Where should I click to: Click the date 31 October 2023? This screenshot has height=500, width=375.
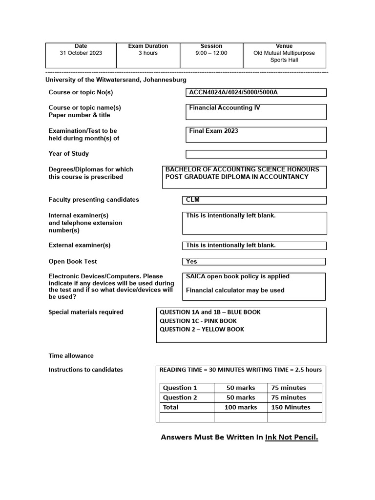click(x=81, y=53)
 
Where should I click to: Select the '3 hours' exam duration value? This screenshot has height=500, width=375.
click(x=148, y=53)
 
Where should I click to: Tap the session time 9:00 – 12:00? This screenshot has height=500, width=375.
click(x=211, y=53)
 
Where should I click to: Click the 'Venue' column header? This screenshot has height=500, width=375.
click(x=284, y=46)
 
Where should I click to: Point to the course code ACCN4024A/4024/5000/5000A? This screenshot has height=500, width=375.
click(x=233, y=92)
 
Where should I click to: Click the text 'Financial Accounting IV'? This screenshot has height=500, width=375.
click(x=225, y=108)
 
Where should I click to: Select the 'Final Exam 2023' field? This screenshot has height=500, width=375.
click(x=214, y=131)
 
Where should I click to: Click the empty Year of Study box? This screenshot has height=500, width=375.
click(x=256, y=154)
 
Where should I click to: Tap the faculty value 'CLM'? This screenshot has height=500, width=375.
click(x=193, y=200)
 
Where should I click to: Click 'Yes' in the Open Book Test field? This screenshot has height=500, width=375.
click(x=191, y=261)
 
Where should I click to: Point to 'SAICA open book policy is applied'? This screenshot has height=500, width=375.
click(x=237, y=276)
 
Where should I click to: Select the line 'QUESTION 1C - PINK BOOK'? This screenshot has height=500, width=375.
click(x=198, y=321)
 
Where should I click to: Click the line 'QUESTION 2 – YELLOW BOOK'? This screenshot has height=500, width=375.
click(x=202, y=329)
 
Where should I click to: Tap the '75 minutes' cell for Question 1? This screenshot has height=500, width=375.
click(x=289, y=388)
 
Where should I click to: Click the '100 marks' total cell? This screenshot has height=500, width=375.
click(x=240, y=407)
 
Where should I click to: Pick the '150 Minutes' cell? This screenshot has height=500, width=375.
click(x=291, y=407)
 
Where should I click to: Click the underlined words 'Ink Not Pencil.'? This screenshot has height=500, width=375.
click(x=292, y=437)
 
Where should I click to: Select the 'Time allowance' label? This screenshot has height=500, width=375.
click(x=71, y=356)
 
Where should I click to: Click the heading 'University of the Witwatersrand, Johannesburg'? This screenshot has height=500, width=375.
click(x=116, y=80)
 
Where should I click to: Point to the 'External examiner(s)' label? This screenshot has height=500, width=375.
click(x=80, y=245)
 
